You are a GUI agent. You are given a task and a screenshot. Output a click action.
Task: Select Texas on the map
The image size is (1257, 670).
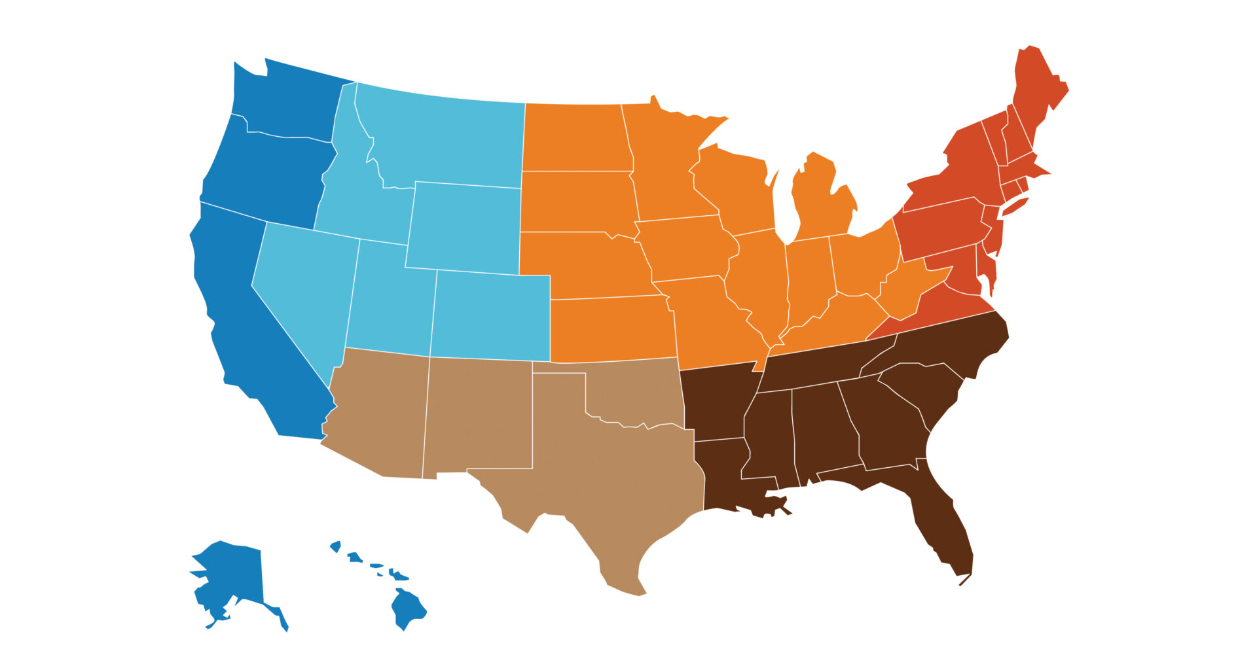pos(615,484)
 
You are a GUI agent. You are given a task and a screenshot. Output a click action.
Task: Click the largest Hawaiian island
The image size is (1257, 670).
pos(407,607)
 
